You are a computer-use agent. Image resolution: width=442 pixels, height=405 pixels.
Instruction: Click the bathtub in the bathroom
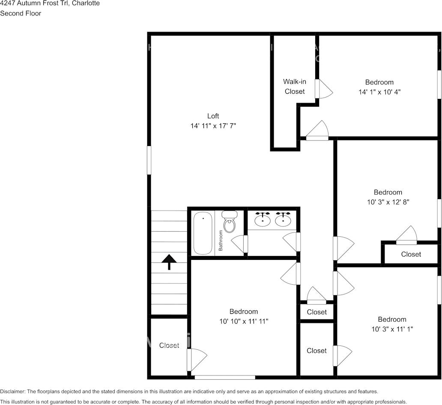(203, 233)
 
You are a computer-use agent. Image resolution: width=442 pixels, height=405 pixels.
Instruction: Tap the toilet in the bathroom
(230, 222)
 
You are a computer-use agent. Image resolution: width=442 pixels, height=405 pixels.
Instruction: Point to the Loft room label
(213, 116)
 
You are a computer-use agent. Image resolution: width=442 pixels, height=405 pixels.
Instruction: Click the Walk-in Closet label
(295, 86)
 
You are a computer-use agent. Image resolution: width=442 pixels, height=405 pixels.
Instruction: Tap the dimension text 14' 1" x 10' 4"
(379, 92)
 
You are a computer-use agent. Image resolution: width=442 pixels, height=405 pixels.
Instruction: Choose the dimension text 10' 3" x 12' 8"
(388, 202)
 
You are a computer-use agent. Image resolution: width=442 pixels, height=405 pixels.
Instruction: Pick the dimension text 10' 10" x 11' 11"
(244, 321)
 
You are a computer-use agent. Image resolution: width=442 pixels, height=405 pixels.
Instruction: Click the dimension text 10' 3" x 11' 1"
(392, 329)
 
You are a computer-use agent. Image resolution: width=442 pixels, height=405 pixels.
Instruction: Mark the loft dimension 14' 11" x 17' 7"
(213, 126)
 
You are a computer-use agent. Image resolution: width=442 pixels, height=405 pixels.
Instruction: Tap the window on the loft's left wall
(149, 161)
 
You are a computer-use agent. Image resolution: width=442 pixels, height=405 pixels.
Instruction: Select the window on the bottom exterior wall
(225, 377)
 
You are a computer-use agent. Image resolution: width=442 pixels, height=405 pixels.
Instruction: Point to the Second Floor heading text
(21, 13)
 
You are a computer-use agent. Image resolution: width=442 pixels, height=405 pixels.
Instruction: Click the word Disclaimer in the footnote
(12, 392)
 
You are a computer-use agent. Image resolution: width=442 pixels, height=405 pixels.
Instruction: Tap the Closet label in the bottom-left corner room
(169, 345)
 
